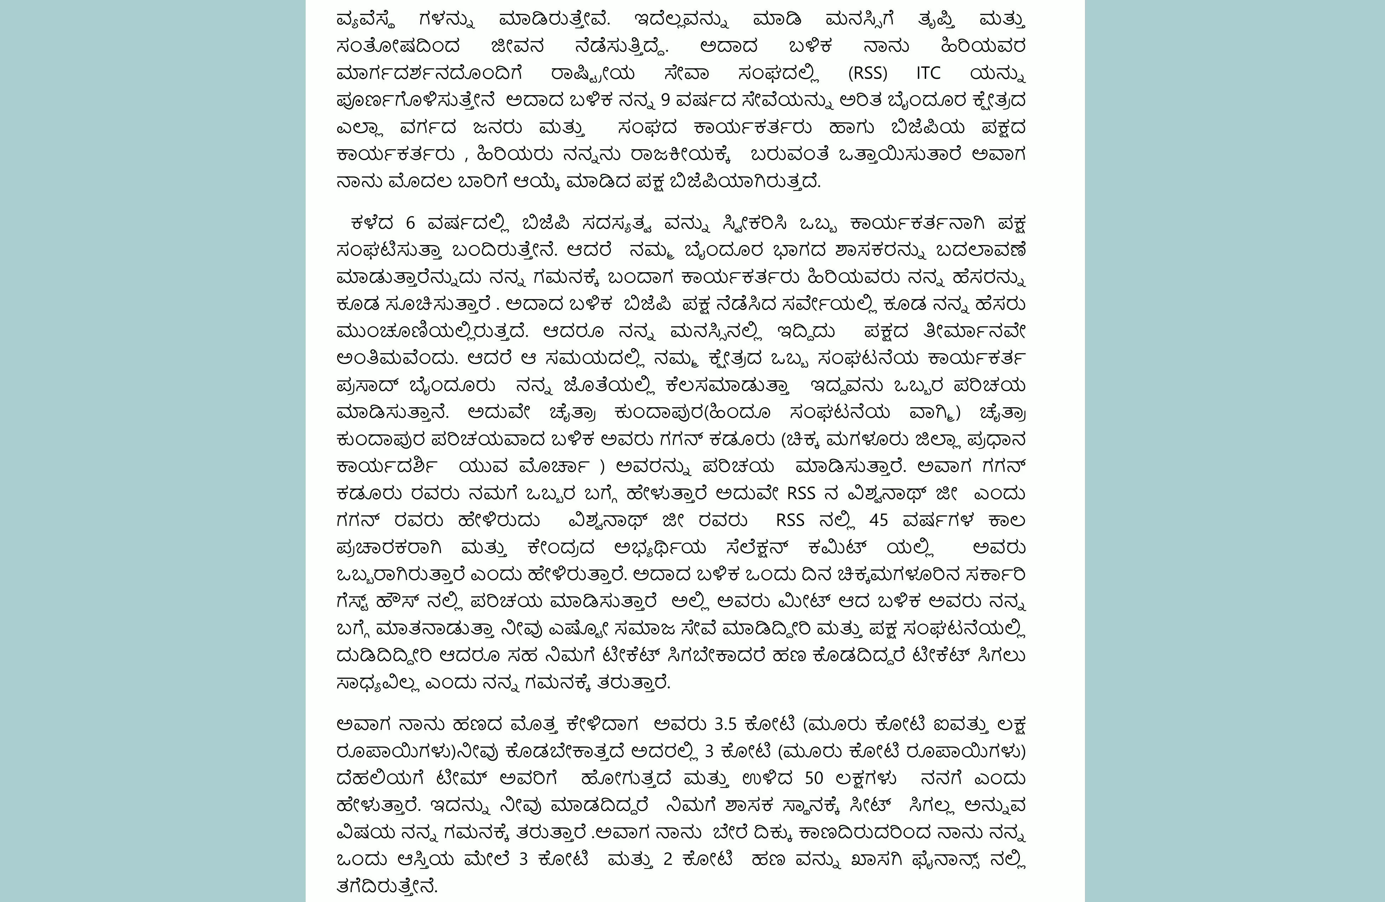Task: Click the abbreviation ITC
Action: [x=928, y=73]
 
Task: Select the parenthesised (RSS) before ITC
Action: [x=868, y=73]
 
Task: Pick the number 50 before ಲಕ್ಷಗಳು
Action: [x=814, y=779]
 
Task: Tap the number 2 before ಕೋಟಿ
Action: [x=668, y=860]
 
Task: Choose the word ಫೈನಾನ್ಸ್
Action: [x=950, y=860]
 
